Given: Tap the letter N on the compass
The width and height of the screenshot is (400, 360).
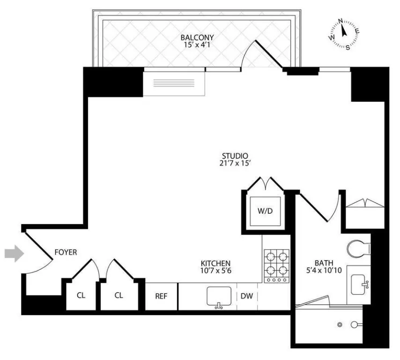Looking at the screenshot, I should point(341,21).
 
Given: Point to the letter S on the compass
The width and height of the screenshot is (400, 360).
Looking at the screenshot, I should point(348,47).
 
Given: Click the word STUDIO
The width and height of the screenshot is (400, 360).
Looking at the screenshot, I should point(235,156).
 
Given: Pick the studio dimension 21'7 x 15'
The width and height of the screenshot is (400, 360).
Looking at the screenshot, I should point(235,164).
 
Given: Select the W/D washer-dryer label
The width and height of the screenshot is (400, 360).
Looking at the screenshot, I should point(265,211).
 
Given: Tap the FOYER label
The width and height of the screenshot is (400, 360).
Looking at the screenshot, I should point(66,252).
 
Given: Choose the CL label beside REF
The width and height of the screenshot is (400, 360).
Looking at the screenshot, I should point(119,295).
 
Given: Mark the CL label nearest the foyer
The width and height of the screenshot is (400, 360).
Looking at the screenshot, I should point(81,295).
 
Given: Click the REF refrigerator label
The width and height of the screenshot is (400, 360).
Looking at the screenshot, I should point(161,296).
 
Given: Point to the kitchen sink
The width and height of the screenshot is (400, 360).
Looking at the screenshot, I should point(218,297).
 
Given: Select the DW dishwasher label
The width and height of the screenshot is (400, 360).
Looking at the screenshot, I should point(246,296).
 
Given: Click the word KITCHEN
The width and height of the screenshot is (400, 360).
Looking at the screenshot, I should point(215,263).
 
